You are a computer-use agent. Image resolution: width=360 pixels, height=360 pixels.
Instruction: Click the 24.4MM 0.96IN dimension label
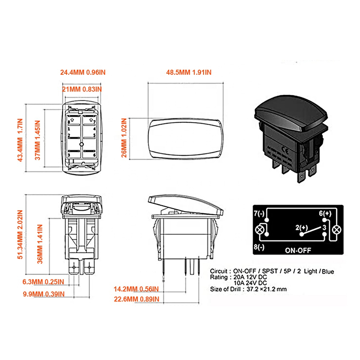coord(83,72)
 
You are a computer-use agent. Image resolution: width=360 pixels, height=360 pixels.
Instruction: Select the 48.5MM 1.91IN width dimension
coord(189,72)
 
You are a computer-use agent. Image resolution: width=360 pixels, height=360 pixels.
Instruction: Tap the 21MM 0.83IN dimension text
coord(82,89)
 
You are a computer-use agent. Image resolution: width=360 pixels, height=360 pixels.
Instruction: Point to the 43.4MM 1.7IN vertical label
coord(20,140)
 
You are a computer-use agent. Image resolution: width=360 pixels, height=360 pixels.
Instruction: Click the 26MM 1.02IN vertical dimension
coord(124,138)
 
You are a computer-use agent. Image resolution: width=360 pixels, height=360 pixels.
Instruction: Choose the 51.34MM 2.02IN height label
coord(20,234)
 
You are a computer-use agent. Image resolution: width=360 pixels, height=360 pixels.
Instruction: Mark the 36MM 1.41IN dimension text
coord(40,244)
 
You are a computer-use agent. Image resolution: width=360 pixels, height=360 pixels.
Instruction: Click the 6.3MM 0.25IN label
coord(43,282)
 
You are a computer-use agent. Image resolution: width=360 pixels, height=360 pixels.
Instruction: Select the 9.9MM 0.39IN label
coord(44,294)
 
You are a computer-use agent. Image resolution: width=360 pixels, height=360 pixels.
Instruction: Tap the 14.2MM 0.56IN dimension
coord(136,289)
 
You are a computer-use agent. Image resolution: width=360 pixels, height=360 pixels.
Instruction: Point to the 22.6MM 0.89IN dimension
coord(137,299)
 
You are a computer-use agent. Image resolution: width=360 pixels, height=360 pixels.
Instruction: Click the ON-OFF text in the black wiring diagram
coord(298,250)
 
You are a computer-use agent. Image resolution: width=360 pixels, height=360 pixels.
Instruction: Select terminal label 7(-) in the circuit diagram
coord(259,213)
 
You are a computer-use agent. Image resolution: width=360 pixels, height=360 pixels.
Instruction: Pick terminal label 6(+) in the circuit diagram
coord(325,213)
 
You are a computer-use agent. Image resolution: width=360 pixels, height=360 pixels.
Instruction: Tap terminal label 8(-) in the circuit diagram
coord(259,247)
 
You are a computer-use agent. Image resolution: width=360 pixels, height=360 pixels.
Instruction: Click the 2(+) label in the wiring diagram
coord(301,228)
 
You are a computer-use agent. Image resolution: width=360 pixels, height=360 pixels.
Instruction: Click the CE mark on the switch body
coord(286,150)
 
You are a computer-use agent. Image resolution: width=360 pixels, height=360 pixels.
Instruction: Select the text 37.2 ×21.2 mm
coord(267,289)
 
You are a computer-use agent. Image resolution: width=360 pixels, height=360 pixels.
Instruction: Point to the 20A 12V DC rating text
coord(250,277)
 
